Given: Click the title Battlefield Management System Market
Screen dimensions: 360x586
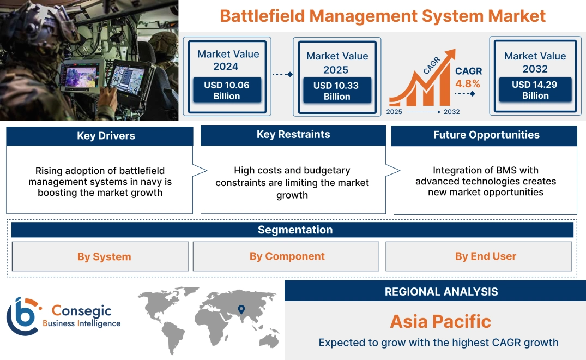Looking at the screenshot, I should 383,16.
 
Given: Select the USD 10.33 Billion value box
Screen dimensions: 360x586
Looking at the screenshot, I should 337,91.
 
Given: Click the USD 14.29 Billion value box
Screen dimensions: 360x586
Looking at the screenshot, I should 535,90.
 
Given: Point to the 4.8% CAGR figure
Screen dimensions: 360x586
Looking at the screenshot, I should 468,83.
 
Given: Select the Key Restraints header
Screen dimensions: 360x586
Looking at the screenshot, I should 293,135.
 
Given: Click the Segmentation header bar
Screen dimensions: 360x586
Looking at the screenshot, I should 295,230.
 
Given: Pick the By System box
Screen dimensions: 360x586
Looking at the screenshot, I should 104,257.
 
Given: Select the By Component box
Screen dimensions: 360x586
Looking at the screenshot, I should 287,256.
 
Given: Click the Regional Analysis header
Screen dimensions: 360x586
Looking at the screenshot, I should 441,292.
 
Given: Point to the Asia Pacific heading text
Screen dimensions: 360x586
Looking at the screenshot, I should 440,321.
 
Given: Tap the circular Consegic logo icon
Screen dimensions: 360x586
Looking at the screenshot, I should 23,316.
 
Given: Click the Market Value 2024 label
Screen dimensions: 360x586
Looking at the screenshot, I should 228,60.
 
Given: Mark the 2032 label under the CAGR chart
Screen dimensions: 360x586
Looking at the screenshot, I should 451,112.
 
